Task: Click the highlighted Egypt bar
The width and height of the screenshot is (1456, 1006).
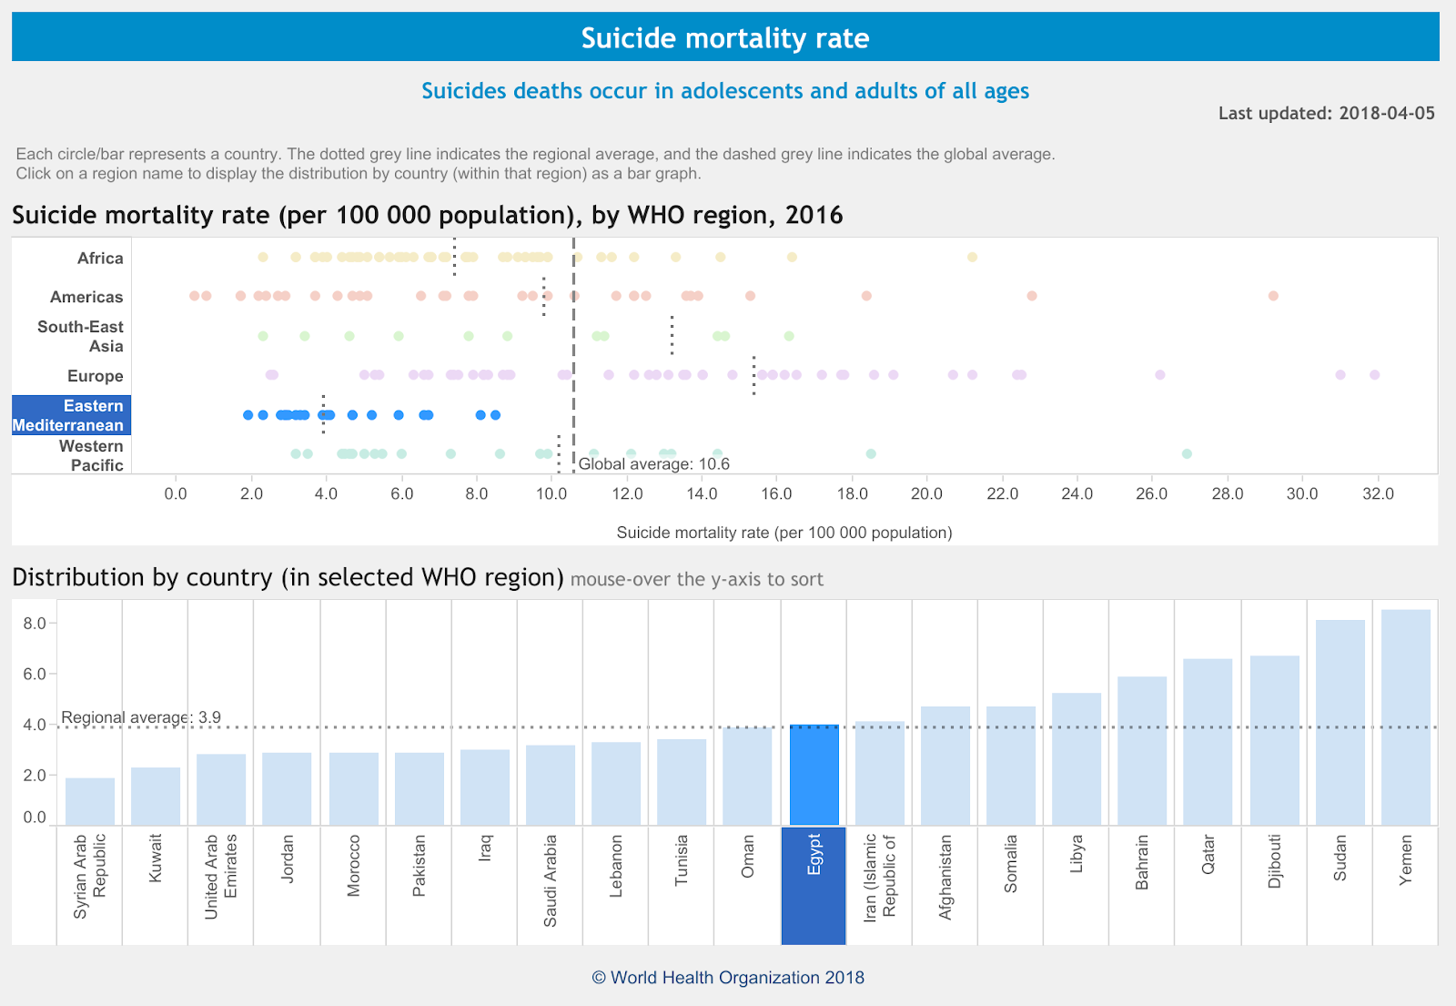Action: (814, 776)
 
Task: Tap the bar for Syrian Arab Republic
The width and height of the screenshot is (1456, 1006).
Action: (90, 801)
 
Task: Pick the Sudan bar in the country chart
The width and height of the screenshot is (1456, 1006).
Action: (1340, 723)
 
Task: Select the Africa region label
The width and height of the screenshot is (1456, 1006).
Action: (100, 259)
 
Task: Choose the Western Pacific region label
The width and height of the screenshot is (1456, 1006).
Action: (91, 455)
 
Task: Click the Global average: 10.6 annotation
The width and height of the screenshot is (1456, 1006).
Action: (653, 464)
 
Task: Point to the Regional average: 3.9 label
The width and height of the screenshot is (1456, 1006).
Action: (141, 717)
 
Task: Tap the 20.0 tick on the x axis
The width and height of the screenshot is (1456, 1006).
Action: (926, 493)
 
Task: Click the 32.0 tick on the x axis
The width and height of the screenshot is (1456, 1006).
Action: (1377, 493)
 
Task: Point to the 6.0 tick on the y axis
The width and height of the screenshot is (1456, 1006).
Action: (35, 675)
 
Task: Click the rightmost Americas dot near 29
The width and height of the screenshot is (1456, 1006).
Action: (1273, 296)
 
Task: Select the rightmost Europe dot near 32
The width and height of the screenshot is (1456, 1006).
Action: (1374, 375)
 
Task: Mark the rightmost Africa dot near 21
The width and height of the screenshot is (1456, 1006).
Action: (972, 258)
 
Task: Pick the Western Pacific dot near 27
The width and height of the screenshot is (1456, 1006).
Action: (1186, 453)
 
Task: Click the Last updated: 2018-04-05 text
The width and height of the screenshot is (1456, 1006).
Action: (1326, 114)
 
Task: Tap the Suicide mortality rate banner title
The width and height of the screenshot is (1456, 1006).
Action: (725, 38)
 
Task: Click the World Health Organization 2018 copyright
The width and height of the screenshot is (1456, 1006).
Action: (728, 978)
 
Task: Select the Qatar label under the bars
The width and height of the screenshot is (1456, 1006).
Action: (1208, 856)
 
